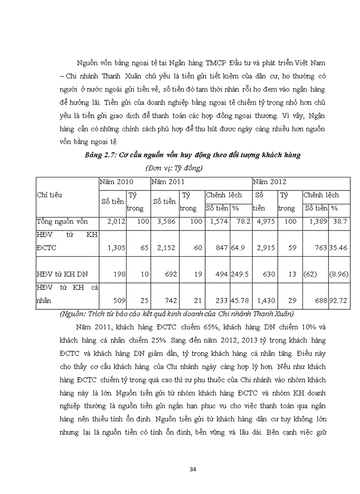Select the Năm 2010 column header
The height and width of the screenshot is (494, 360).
click(x=117, y=182)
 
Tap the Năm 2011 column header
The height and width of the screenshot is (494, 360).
click(x=168, y=182)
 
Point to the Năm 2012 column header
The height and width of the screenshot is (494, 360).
click(x=269, y=182)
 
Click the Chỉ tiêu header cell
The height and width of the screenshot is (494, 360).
click(x=49, y=195)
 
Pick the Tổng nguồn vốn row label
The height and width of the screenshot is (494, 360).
click(x=62, y=221)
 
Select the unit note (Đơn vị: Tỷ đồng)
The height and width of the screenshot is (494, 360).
click(x=174, y=168)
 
